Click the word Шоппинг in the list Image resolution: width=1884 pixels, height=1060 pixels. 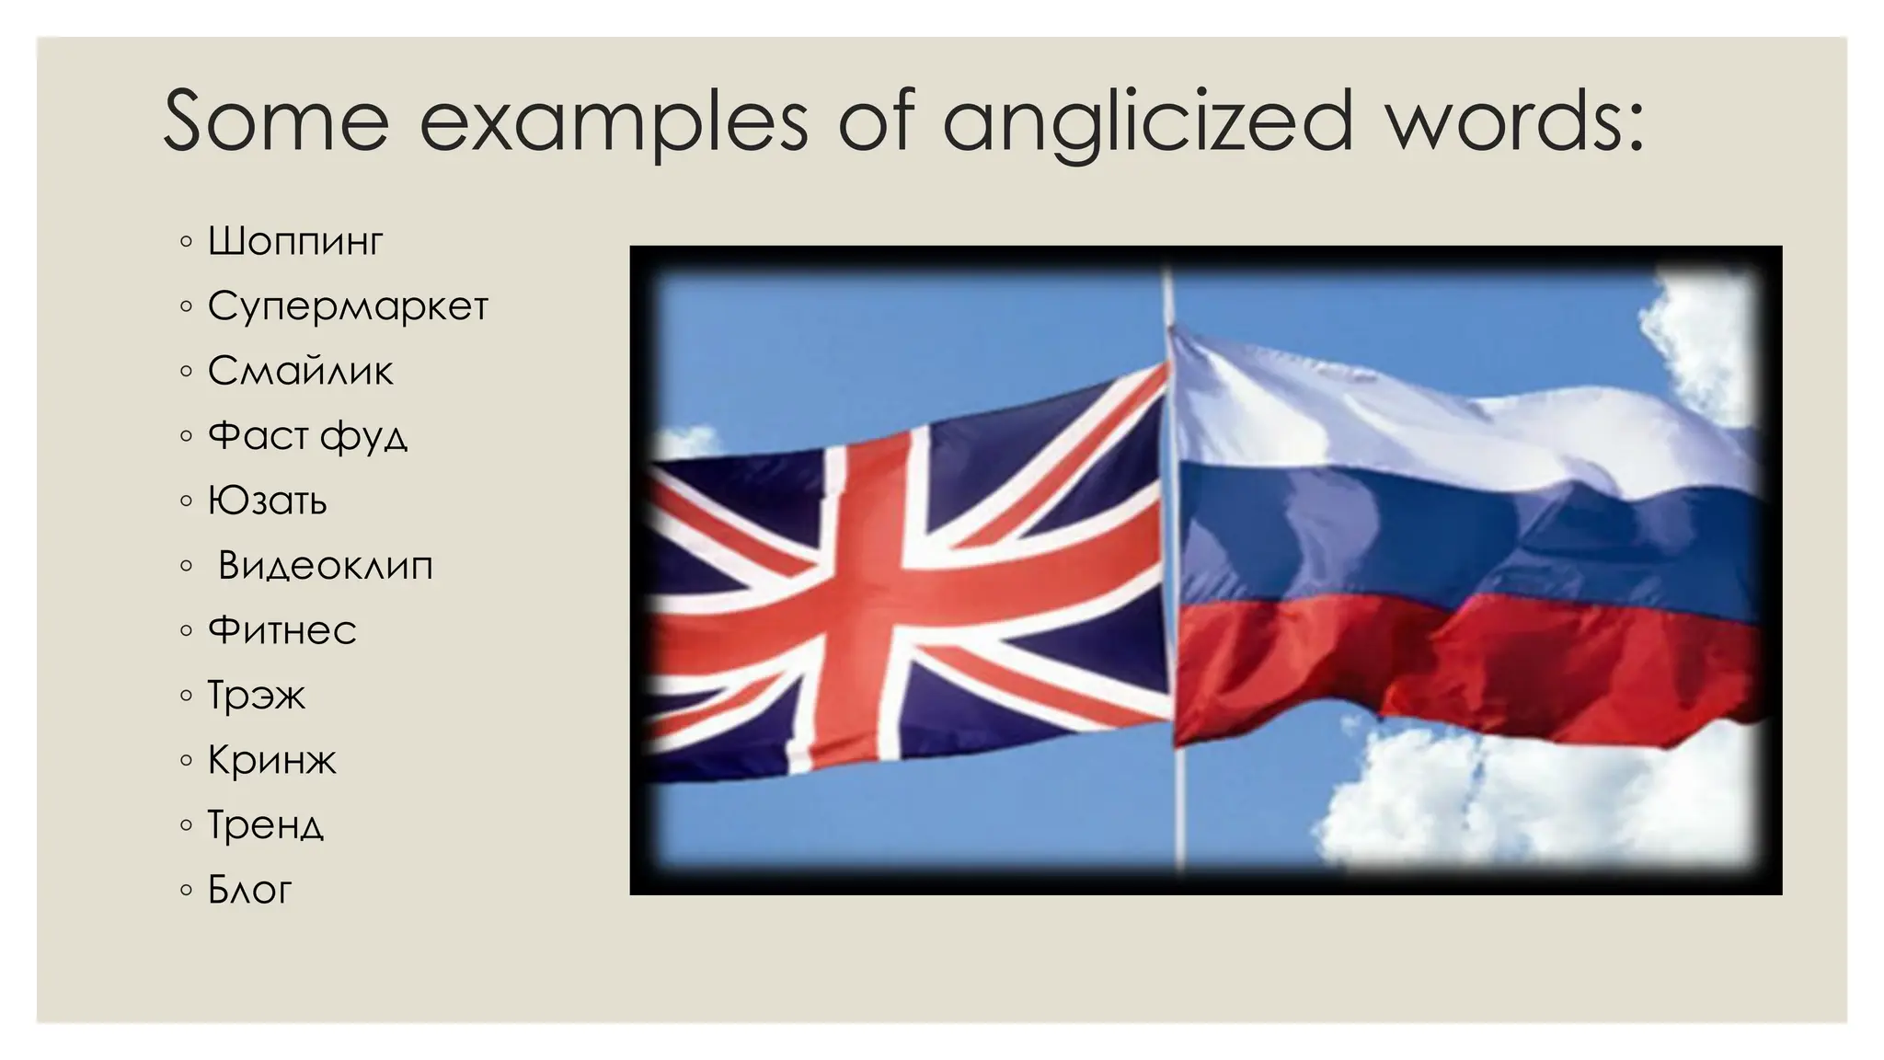[294, 242]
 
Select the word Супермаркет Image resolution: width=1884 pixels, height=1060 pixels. [347, 306]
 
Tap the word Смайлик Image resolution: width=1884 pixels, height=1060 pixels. [300, 371]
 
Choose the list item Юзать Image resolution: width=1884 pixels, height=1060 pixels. [267, 501]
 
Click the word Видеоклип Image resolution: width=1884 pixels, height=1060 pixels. [325, 565]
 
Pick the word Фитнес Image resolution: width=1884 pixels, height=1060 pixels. [281, 630]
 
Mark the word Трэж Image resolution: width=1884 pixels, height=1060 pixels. [256, 696]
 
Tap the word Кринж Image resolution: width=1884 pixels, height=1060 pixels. [271, 760]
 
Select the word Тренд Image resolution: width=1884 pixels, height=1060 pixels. [265, 825]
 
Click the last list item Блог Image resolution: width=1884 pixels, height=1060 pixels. [249, 890]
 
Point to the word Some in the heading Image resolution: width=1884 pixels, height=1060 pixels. [276, 121]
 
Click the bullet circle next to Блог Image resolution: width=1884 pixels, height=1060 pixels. [187, 890]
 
